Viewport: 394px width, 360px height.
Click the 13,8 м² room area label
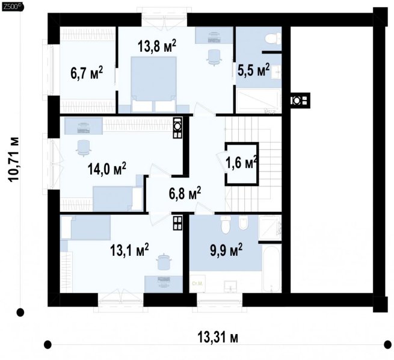(157, 46)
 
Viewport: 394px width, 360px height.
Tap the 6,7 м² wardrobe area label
(87, 73)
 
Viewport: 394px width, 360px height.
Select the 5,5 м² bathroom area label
(253, 70)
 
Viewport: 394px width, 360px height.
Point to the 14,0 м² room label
(107, 169)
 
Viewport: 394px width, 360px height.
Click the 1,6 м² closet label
(241, 163)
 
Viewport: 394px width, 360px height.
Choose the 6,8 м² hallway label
(185, 194)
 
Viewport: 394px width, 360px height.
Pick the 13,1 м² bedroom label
(129, 250)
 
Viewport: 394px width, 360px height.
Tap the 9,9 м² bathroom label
(226, 250)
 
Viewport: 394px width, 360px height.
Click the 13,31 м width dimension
(218, 337)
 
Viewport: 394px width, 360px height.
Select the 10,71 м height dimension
(13, 159)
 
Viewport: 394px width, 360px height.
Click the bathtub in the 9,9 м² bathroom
(271, 268)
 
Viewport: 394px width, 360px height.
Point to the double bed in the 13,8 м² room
(153, 84)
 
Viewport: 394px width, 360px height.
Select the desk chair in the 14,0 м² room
(83, 148)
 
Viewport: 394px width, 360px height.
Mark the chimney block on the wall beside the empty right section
(300, 101)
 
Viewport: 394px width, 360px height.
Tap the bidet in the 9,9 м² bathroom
(243, 223)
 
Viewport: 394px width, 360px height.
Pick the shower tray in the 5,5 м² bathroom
(258, 101)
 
